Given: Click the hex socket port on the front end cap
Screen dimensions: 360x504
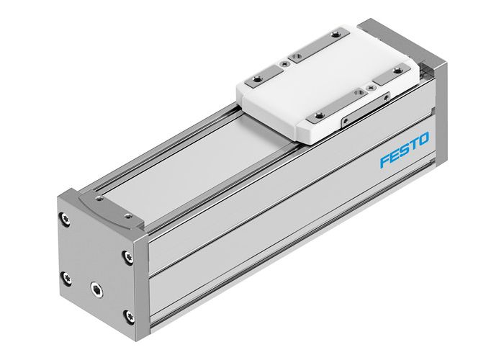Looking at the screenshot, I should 95,288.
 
